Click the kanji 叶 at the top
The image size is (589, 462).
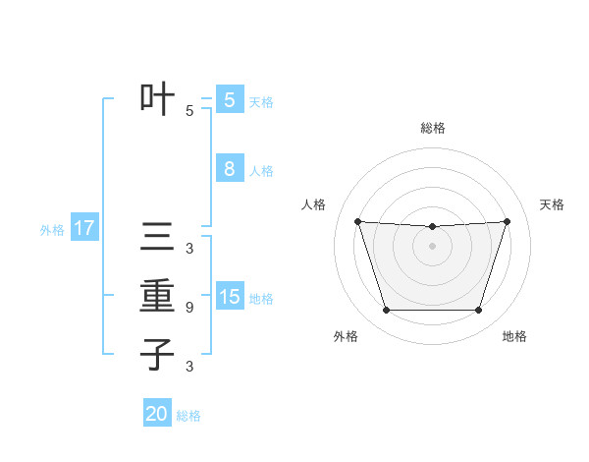157,99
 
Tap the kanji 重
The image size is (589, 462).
157,296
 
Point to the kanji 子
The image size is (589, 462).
157,354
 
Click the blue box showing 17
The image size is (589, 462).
84,229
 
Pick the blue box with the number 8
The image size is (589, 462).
229,169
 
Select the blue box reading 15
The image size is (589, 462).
229,297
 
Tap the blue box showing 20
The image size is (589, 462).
157,414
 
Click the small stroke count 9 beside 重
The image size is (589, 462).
189,308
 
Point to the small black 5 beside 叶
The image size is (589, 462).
189,111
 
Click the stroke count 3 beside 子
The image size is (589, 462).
189,367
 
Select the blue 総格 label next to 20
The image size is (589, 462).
188,416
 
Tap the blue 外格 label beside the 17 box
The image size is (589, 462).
52,230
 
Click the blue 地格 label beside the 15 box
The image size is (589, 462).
261,298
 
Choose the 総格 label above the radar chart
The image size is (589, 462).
433,128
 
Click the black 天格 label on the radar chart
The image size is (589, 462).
553,204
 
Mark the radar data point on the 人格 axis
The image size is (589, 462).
357,221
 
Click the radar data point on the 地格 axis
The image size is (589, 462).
479,311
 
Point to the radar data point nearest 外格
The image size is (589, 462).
386,311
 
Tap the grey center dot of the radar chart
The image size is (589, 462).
433,246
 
